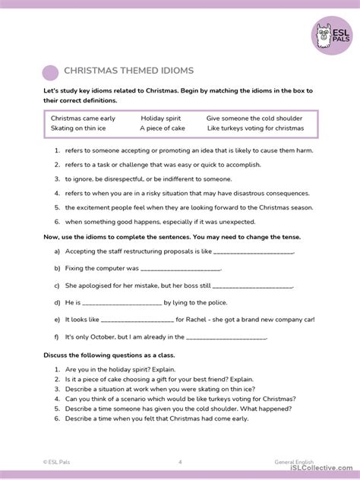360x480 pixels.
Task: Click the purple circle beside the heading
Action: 50,72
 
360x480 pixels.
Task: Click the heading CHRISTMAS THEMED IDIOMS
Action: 128,71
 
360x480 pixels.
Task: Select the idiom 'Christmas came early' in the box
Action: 83,118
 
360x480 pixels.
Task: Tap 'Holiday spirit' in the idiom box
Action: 162,118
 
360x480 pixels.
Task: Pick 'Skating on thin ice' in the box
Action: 79,128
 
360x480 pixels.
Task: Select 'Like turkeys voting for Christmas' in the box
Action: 254,128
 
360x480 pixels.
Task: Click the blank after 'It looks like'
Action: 142,319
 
